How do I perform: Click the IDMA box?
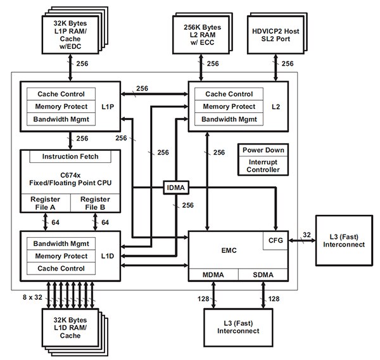175,188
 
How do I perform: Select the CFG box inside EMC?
275,241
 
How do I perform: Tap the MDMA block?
213,274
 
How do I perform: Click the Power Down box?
263,150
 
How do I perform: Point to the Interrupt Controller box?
263,166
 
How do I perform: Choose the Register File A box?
46,203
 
